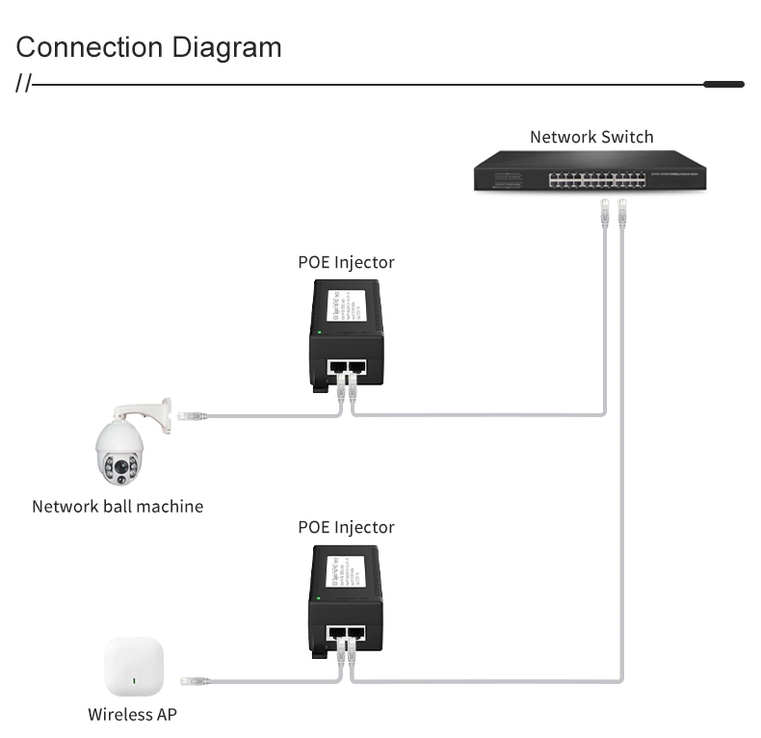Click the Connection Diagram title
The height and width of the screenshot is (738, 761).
tap(148, 47)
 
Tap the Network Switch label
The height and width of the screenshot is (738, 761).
tap(591, 137)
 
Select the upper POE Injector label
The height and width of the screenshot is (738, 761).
tap(346, 262)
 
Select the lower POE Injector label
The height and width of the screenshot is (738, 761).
tap(346, 527)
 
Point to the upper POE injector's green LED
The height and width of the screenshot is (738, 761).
tap(319, 332)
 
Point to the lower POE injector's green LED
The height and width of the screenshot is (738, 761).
tap(319, 598)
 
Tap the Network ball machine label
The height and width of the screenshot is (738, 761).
tap(118, 506)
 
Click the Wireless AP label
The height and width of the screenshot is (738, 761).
tap(133, 714)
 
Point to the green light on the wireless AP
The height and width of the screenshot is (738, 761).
tap(135, 684)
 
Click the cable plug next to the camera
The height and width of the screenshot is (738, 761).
tap(194, 416)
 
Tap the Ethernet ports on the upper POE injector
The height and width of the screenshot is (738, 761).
tap(347, 367)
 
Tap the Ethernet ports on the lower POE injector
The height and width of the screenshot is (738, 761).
tap(347, 633)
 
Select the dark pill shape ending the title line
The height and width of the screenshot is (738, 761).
tap(723, 85)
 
